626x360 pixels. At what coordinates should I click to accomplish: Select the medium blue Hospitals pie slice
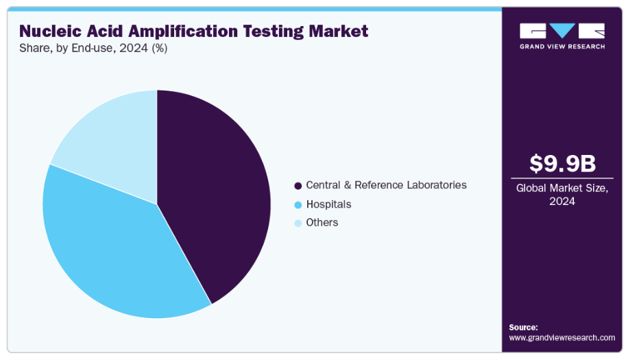[x=110, y=247]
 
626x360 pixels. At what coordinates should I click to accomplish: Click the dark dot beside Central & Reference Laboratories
[x=298, y=186]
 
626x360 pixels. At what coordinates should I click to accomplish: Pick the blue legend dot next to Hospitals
[x=298, y=205]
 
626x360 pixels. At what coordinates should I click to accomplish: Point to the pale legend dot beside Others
[x=298, y=224]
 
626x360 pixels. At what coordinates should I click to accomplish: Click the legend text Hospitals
[x=328, y=204]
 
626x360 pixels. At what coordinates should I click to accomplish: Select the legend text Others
[x=322, y=223]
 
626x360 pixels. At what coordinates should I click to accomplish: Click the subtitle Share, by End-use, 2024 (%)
[x=93, y=49]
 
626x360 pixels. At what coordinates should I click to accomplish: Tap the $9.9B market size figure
[x=562, y=164]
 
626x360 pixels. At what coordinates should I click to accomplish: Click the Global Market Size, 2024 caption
[x=562, y=195]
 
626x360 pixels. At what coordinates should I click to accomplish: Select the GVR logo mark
[x=562, y=31]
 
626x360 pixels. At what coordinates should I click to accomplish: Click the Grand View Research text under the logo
[x=562, y=47]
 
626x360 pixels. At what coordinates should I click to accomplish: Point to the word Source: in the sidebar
[x=523, y=327]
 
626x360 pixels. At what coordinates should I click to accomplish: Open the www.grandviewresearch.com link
[x=562, y=337]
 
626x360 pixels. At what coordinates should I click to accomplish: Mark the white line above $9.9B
[x=562, y=145]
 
